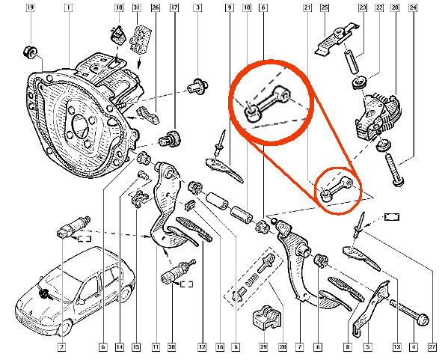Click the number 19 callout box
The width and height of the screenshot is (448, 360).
(x=30, y=7)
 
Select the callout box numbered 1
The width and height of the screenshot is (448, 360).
(x=68, y=7)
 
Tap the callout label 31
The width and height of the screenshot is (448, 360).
(x=137, y=7)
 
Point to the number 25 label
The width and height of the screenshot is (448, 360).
(x=325, y=7)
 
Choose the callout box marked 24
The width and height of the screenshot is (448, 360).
(x=413, y=7)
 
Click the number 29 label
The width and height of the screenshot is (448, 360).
(x=263, y=347)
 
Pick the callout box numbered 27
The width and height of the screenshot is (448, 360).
(x=432, y=347)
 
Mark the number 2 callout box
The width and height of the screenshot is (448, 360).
(x=61, y=347)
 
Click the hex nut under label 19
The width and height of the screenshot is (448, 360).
(x=30, y=52)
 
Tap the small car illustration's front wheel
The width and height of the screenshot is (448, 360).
(x=64, y=326)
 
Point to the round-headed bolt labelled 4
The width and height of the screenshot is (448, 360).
(x=414, y=314)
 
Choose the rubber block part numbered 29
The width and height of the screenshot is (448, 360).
(x=267, y=317)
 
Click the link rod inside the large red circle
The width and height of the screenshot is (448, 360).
(x=268, y=103)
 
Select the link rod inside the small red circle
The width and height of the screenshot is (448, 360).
(x=337, y=189)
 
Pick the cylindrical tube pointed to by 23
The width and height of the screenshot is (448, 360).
(x=351, y=61)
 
